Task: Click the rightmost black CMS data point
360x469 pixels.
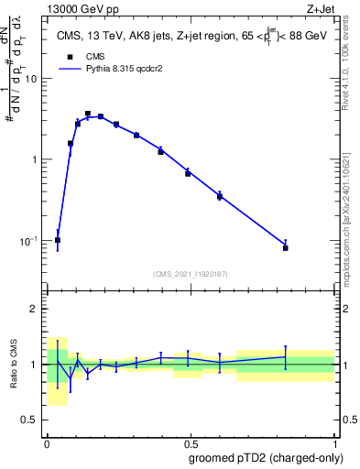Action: [x=286, y=248]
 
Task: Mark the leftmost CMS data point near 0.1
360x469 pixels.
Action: [x=58, y=240]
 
